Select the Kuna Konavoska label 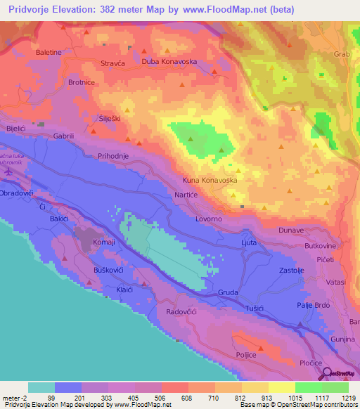pos(210,181)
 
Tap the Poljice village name pos(248,356)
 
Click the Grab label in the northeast pos(342,53)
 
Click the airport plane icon pos(8,171)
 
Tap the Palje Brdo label pos(313,305)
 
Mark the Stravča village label pos(113,63)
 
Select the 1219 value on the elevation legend pos(342,398)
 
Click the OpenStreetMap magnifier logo pos(327,373)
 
